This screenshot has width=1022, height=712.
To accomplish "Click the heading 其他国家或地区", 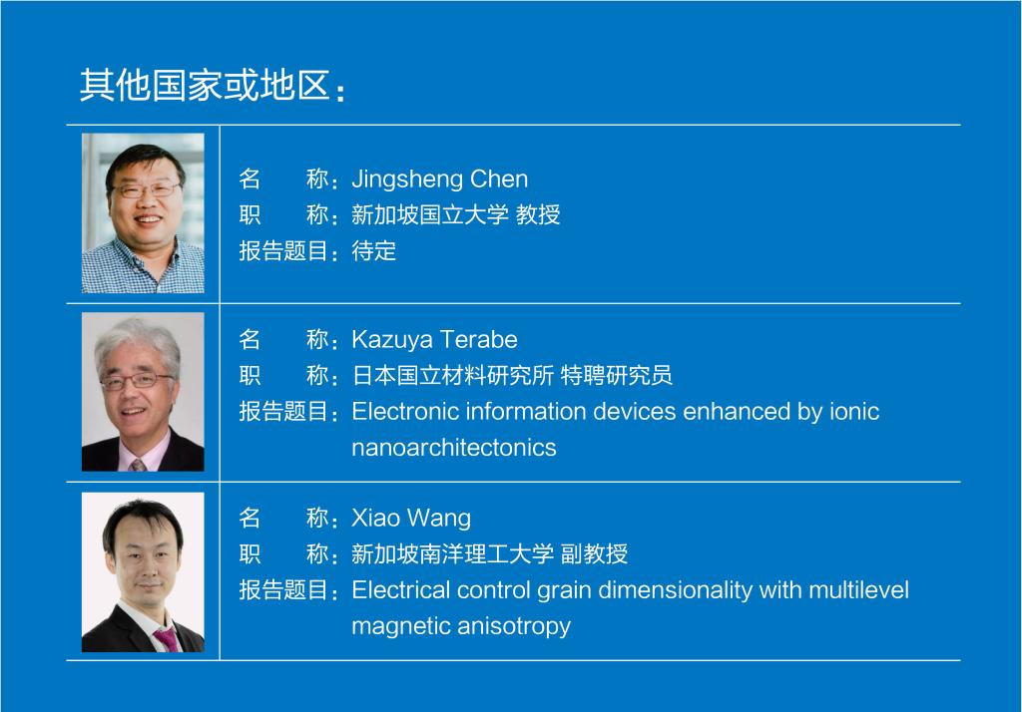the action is [x=204, y=86].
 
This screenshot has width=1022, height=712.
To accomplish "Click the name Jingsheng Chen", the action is [x=440, y=179].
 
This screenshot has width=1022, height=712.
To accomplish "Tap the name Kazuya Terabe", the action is [x=435, y=339].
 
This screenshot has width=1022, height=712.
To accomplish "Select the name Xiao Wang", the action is [x=411, y=519].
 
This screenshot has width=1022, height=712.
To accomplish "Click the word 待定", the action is [x=374, y=251].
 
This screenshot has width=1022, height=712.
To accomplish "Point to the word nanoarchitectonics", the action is [x=454, y=448].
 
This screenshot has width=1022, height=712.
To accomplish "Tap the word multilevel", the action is [x=858, y=590].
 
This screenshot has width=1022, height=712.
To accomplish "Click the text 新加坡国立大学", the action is [x=430, y=215].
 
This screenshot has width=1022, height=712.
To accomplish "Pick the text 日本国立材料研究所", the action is [x=453, y=376].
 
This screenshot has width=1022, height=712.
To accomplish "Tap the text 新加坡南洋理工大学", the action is [x=453, y=554].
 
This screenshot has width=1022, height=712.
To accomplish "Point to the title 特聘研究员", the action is [x=617, y=376].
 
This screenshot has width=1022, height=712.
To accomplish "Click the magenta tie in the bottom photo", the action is [x=168, y=638].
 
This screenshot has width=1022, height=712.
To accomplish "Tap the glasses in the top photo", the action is [x=146, y=189].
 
